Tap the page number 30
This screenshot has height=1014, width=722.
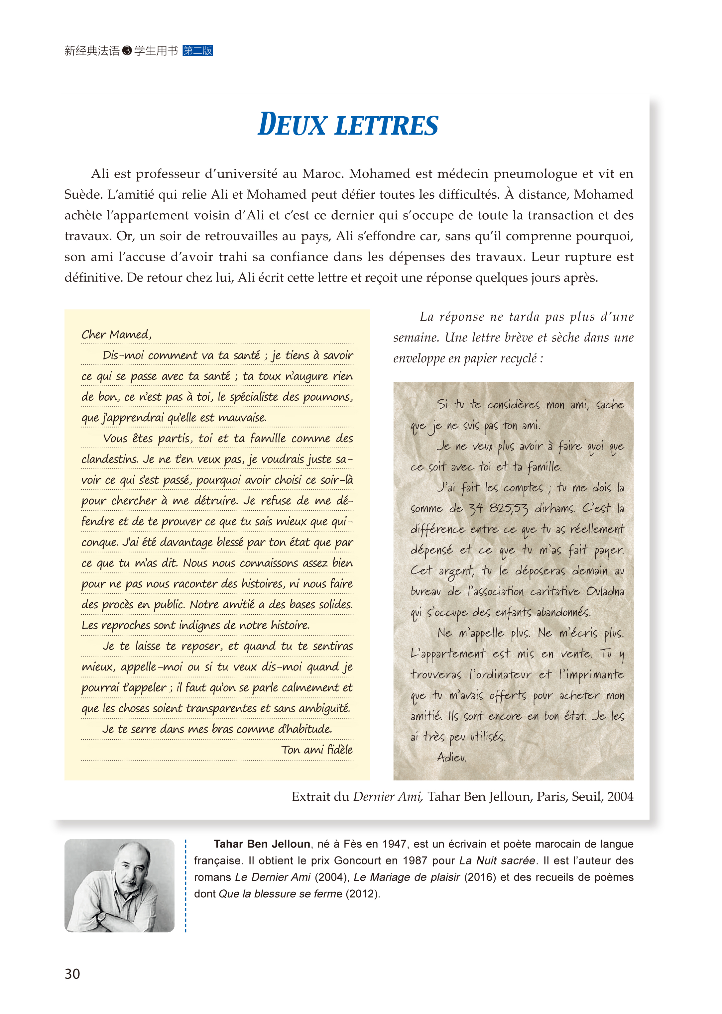pos(72,973)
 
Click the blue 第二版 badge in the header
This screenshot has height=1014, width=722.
pos(197,51)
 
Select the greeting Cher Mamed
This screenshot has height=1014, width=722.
pos(116,334)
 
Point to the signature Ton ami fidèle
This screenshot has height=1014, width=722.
pos(316,750)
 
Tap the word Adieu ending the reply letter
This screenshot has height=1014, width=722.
pos(452,757)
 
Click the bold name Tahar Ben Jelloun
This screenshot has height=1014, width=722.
pos(262,844)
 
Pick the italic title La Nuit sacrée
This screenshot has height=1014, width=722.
pos(497,860)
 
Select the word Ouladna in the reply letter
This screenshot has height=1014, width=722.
pos(605,591)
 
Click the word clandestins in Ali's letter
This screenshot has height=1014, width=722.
pos(109,459)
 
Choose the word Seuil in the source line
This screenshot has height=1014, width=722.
pos(586,796)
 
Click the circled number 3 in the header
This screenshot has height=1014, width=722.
pos(127,51)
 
